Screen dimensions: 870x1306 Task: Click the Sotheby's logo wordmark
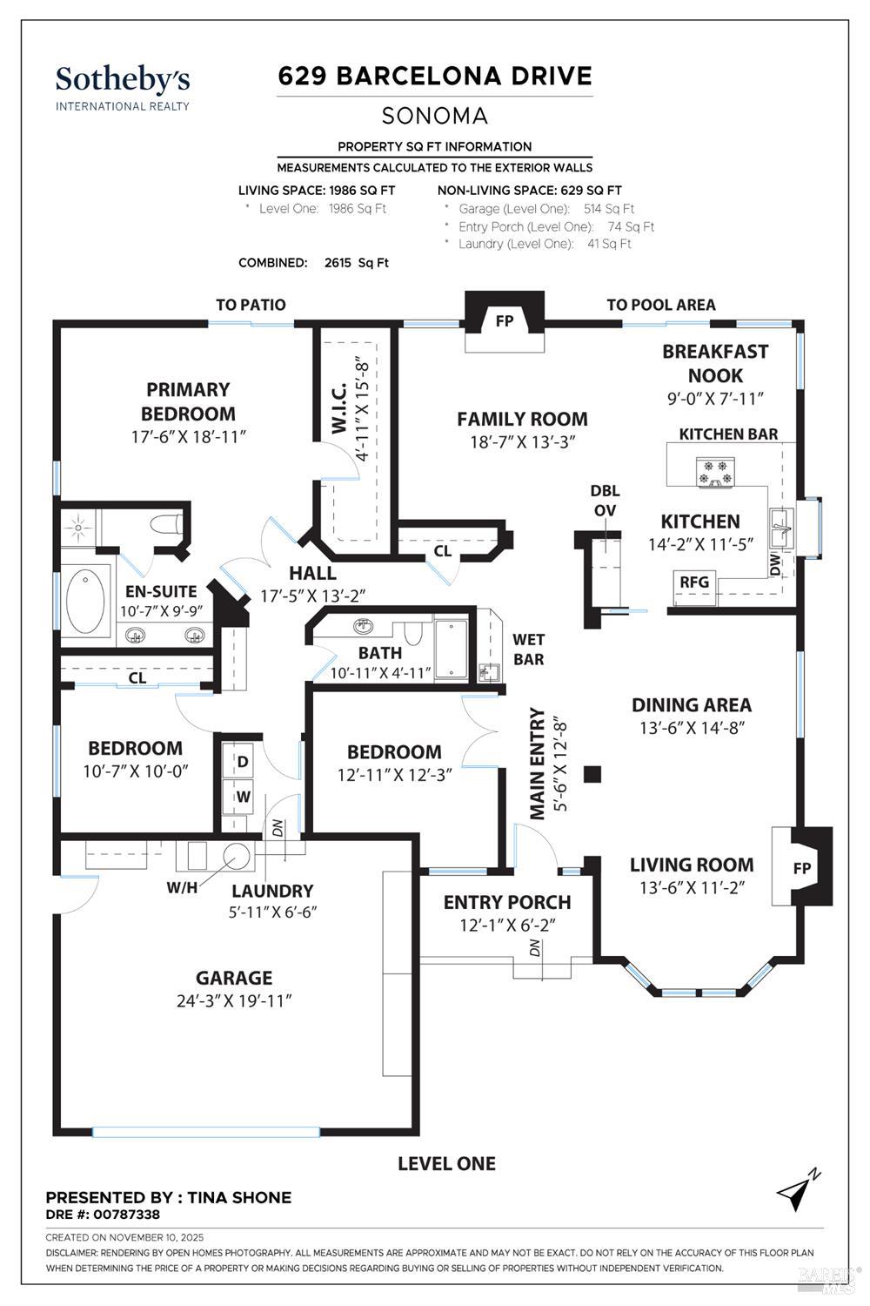click(123, 80)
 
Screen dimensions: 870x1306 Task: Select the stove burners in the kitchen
click(716, 472)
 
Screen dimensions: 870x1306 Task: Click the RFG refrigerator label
click(694, 582)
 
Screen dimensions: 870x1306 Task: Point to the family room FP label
click(504, 320)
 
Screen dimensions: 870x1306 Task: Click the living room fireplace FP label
click(802, 868)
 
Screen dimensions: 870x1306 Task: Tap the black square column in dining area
click(592, 774)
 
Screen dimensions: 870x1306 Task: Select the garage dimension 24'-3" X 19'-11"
click(234, 1001)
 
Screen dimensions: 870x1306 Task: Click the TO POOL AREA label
click(661, 305)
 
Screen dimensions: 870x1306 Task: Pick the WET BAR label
click(528, 650)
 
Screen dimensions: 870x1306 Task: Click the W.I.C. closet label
click(339, 407)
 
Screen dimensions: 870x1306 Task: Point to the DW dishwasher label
click(774, 564)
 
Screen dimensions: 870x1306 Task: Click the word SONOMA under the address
click(435, 116)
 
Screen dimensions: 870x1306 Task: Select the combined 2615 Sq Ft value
click(356, 263)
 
